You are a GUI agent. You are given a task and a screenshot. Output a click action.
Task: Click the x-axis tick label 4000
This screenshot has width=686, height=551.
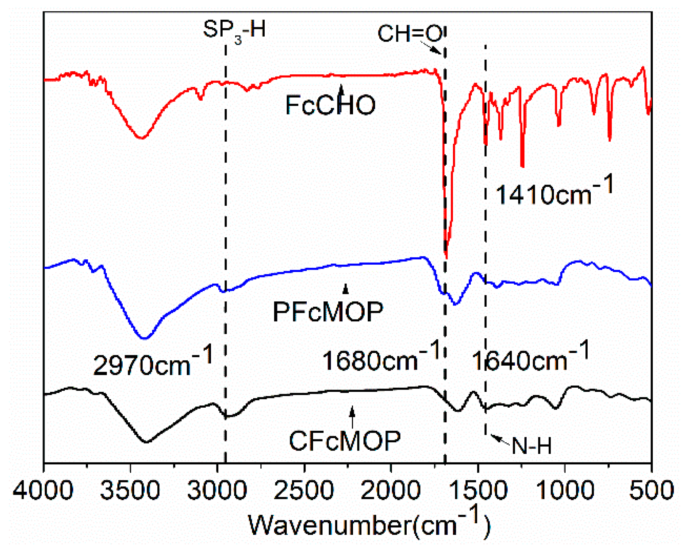pyautogui.click(x=43, y=491)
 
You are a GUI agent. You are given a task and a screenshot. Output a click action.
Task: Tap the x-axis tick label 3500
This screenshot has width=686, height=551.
pyautogui.click(x=130, y=491)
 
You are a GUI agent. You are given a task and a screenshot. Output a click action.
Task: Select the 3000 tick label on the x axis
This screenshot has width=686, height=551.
pyautogui.click(x=217, y=491)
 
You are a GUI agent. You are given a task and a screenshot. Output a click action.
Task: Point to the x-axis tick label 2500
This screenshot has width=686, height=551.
pyautogui.click(x=304, y=491)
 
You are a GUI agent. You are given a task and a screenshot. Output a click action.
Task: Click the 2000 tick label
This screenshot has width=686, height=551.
pyautogui.click(x=391, y=491)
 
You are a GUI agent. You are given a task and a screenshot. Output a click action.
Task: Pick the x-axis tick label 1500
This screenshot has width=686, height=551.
pyautogui.click(x=478, y=491)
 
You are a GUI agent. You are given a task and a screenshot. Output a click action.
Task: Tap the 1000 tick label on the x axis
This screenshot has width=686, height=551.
pyautogui.click(x=565, y=491)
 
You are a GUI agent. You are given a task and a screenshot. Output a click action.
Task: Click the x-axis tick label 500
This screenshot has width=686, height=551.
pyautogui.click(x=651, y=491)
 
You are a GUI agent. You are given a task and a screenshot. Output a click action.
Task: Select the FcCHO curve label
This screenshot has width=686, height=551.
pyautogui.click(x=330, y=105)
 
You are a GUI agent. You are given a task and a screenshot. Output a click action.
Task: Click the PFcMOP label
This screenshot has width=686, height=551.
pyautogui.click(x=328, y=311)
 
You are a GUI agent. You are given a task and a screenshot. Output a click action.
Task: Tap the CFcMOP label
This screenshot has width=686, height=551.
pyautogui.click(x=345, y=441)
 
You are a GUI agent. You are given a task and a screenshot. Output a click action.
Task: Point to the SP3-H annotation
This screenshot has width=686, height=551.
pyautogui.click(x=234, y=30)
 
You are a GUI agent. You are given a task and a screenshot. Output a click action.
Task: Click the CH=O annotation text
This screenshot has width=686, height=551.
pyautogui.click(x=410, y=34)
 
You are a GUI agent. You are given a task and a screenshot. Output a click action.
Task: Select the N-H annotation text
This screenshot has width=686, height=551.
pyautogui.click(x=531, y=446)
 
